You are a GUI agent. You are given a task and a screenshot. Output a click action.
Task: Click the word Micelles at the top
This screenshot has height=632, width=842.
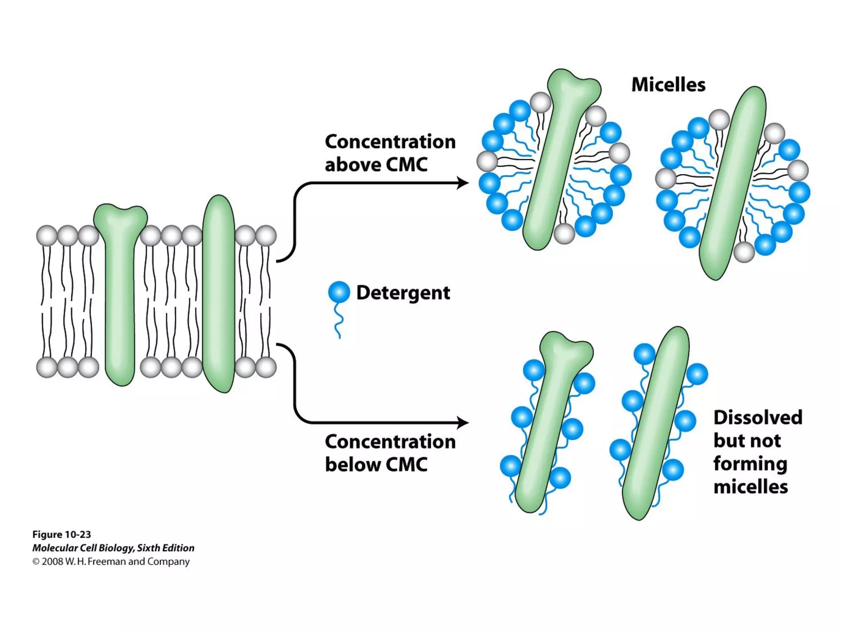pyautogui.click(x=668, y=85)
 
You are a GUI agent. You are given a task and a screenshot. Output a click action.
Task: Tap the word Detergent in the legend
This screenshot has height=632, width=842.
pyautogui.click(x=403, y=293)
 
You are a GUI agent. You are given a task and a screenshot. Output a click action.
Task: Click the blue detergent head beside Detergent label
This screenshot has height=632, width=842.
pyautogui.click(x=339, y=292)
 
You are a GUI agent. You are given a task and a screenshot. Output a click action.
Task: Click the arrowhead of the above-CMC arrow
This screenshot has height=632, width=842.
pyautogui.click(x=463, y=183)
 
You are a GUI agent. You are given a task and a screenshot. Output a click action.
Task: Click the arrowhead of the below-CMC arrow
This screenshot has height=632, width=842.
pyautogui.click(x=463, y=422)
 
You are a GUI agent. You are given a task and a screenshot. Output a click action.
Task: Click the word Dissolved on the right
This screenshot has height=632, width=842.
pyautogui.click(x=758, y=417)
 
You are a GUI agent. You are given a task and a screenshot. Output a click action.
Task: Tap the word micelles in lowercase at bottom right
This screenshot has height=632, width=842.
pyautogui.click(x=750, y=487)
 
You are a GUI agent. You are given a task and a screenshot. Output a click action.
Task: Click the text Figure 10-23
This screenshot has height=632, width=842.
pyautogui.click(x=62, y=534)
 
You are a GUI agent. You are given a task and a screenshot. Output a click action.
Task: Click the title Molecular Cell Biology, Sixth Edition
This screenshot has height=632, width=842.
pyautogui.click(x=113, y=548)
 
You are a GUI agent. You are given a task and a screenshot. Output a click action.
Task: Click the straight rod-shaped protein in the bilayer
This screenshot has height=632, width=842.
pyautogui.click(x=219, y=294)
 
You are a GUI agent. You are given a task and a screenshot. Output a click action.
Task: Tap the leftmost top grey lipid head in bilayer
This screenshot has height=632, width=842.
pyautogui.click(x=47, y=236)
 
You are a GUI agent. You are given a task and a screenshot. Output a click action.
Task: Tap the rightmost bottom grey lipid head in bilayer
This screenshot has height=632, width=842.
pyautogui.click(x=266, y=367)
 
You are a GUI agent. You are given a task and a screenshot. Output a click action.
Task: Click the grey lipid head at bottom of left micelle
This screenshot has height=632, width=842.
pyautogui.click(x=564, y=234)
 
